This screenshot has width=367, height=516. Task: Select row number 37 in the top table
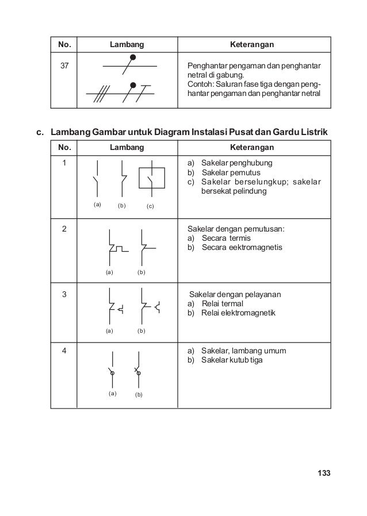click(x=64, y=66)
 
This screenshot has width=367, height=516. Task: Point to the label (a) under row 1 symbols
click(x=97, y=204)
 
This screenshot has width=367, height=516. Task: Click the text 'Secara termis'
click(x=225, y=238)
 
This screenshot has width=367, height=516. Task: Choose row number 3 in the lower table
click(x=64, y=295)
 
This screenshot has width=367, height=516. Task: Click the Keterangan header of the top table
click(x=251, y=44)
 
